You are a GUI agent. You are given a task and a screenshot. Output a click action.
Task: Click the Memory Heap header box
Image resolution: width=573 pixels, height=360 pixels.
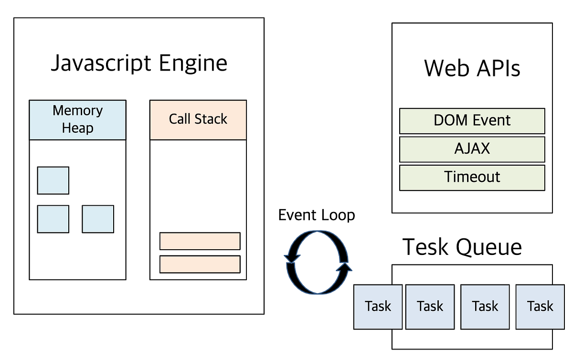[x=77, y=119]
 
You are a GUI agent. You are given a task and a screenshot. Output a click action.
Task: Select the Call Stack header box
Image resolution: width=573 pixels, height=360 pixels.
[x=198, y=119]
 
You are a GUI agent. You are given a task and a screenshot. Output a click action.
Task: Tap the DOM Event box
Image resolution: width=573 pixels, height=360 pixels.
[x=472, y=120]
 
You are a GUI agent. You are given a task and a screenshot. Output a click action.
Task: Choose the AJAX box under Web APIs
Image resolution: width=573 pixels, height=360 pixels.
[x=472, y=149]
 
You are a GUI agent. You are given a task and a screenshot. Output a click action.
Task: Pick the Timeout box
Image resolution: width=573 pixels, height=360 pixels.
[x=472, y=177]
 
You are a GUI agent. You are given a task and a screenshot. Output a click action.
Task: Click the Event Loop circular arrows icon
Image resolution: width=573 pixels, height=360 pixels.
[x=317, y=262]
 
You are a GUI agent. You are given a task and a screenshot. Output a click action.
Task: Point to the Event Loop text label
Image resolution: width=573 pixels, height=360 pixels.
[x=317, y=215]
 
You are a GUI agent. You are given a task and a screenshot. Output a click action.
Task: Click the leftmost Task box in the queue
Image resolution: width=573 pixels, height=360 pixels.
[x=378, y=306]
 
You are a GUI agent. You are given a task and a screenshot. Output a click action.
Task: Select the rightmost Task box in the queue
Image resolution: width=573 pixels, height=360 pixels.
[x=540, y=306]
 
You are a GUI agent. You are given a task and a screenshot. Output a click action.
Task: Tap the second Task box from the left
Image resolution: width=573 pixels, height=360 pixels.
[x=430, y=306]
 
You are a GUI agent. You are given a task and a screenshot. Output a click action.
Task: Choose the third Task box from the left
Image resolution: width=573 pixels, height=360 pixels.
[x=485, y=306]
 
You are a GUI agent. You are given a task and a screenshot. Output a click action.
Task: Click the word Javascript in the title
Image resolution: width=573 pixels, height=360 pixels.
[x=105, y=64]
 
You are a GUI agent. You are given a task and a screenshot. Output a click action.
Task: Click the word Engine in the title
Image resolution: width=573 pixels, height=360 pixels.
[x=197, y=64]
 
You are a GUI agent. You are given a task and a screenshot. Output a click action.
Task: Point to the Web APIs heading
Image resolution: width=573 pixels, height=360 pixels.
[x=472, y=68]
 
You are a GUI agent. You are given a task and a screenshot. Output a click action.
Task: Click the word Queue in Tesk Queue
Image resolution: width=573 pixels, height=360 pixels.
[x=488, y=247]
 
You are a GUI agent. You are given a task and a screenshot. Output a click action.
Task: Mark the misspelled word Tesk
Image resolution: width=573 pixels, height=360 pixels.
[x=426, y=247]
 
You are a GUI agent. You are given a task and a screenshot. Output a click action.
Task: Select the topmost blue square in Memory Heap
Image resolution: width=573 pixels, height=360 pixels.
[x=53, y=180]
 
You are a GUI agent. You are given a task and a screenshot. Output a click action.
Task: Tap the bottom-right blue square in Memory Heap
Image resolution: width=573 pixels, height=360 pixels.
[x=98, y=219]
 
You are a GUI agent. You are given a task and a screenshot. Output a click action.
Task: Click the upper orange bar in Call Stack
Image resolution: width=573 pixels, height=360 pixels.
[x=200, y=241]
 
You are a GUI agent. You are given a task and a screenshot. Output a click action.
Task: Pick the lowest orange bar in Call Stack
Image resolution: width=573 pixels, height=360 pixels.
[x=200, y=264]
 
